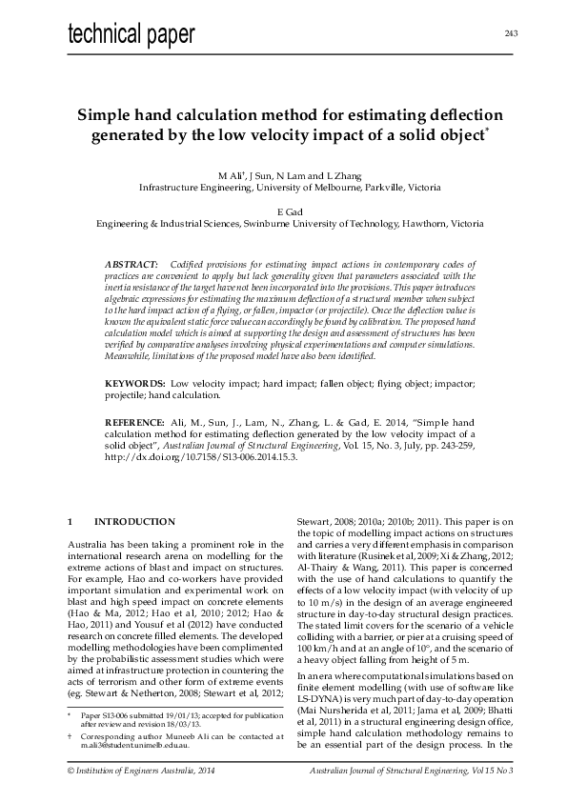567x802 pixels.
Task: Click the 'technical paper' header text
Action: (x=132, y=35)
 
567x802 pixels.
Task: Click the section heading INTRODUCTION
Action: (x=134, y=522)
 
